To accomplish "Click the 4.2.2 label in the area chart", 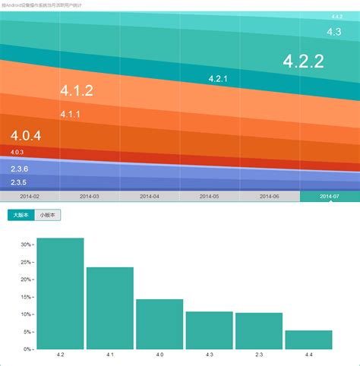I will (303, 61).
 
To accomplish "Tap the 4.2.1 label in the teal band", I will (218, 78).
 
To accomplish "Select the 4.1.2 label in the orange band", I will (76, 91).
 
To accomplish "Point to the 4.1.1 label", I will (70, 114).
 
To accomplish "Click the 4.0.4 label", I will (26, 136).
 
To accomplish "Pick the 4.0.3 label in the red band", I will (17, 152).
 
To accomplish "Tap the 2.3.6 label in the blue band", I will (20, 169).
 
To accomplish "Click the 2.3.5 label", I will (19, 182).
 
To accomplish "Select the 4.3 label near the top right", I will (333, 32).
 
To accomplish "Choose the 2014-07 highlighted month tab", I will (330, 196).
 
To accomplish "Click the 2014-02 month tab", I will (30, 196).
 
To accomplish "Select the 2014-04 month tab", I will (150, 196).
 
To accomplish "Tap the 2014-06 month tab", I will (270, 196).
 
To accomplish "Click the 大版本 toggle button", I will (21, 215).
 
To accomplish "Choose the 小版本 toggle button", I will (49, 215).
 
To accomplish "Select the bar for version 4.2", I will (60, 294).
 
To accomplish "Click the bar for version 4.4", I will (308, 339).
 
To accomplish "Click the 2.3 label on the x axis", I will (259, 355).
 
